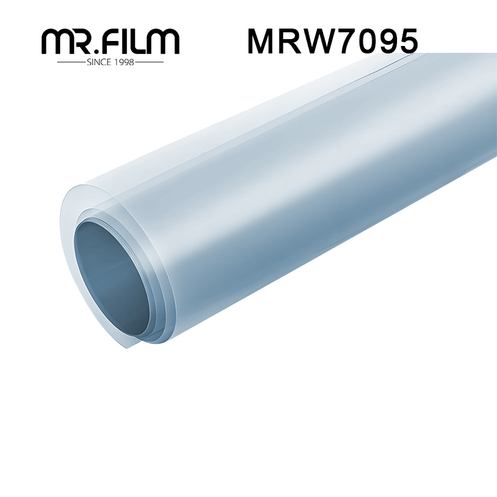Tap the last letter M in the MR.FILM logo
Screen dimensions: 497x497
[164, 42]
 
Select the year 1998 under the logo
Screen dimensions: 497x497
[123, 62]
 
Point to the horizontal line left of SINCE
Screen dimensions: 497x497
[71, 62]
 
